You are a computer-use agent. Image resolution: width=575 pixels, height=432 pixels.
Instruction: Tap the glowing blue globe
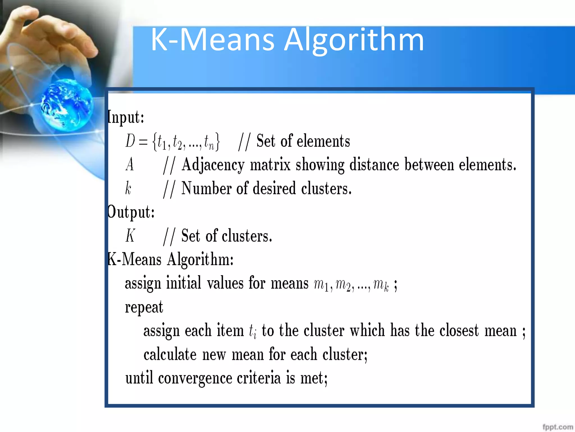67,105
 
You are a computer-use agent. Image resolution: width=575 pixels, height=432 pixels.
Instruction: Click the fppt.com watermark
558,427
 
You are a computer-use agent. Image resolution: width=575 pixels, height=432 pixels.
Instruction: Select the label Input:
126,117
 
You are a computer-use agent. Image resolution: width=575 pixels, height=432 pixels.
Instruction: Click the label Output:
131,212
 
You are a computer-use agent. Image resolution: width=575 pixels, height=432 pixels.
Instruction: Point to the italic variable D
130,141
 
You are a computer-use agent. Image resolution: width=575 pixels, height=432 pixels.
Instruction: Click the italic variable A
129,165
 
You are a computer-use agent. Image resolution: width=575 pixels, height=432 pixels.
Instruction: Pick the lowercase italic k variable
128,188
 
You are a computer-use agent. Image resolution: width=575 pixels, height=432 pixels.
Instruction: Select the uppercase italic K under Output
130,236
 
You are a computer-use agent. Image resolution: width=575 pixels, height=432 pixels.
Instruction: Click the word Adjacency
213,165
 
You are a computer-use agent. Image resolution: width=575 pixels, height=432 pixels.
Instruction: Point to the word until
139,378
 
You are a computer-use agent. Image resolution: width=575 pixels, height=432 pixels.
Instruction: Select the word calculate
170,354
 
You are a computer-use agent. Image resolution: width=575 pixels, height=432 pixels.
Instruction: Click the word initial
184,283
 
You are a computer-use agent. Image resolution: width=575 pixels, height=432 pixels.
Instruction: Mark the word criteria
259,378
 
